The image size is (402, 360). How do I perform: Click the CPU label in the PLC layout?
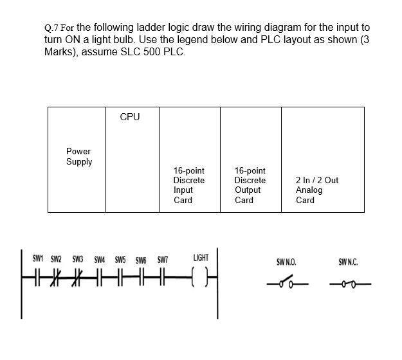coord(129,117)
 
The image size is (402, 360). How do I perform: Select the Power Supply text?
coord(79,157)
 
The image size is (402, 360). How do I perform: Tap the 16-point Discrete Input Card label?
coord(189,185)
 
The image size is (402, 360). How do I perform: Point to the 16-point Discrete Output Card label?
coord(250,185)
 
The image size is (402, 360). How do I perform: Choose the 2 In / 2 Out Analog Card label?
coord(316,190)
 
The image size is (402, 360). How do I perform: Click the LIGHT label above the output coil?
coord(201,258)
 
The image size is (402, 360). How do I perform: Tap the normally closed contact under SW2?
coord(56,278)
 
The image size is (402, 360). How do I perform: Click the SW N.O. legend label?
coord(286,262)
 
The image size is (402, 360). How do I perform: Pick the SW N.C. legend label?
coord(348,262)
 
